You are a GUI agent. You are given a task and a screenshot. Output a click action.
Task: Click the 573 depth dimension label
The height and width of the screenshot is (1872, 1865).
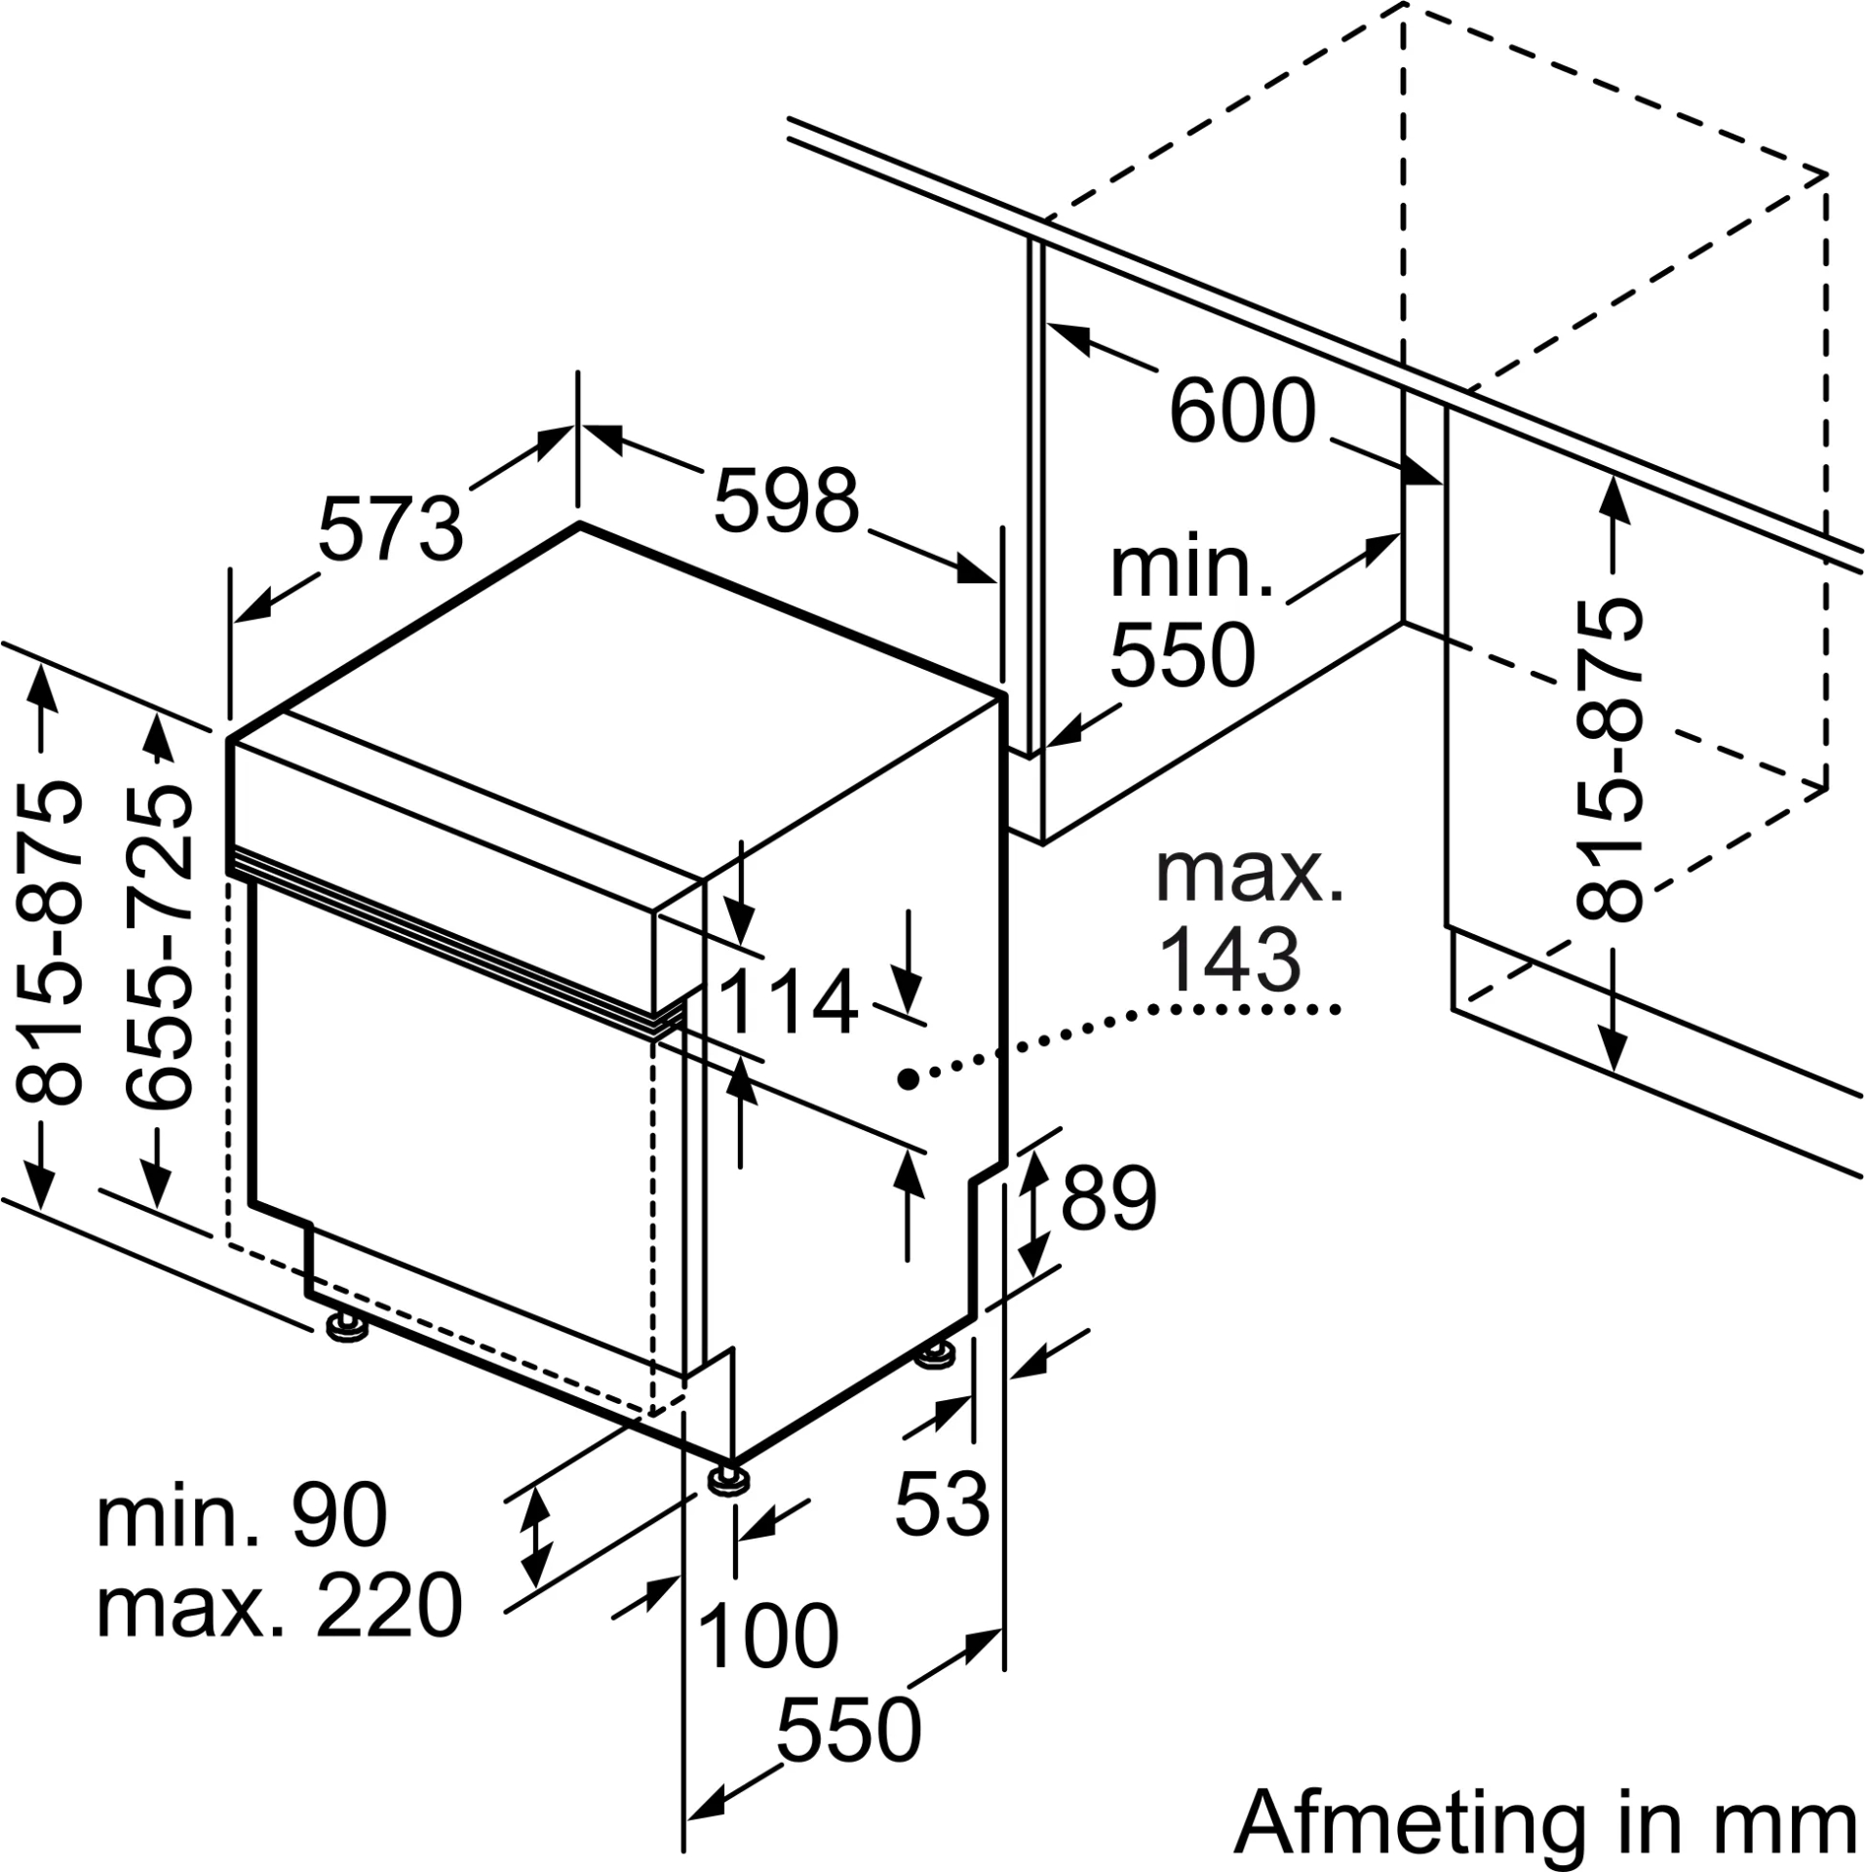pyautogui.click(x=390, y=529)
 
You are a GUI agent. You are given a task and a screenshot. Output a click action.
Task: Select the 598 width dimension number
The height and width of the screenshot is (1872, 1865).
pyautogui.click(x=786, y=501)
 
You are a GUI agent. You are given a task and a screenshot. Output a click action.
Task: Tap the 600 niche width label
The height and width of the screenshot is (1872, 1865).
pyautogui.click(x=1242, y=411)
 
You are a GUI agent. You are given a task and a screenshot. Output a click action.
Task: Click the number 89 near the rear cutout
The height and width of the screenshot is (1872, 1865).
pyautogui.click(x=1108, y=1197)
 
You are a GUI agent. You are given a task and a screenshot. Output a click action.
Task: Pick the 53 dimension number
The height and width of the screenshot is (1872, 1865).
pyautogui.click(x=942, y=1503)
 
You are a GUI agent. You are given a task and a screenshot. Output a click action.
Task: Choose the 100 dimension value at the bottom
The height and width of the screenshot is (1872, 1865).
pyautogui.click(x=768, y=1635)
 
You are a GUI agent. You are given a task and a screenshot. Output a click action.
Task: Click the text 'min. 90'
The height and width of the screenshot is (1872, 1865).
pyautogui.click(x=242, y=1515)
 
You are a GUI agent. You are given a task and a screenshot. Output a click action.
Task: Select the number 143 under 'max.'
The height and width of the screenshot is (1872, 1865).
pyautogui.click(x=1231, y=960)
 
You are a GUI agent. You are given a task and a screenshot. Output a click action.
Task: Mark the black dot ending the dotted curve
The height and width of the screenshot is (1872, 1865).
pyautogui.click(x=907, y=1077)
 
